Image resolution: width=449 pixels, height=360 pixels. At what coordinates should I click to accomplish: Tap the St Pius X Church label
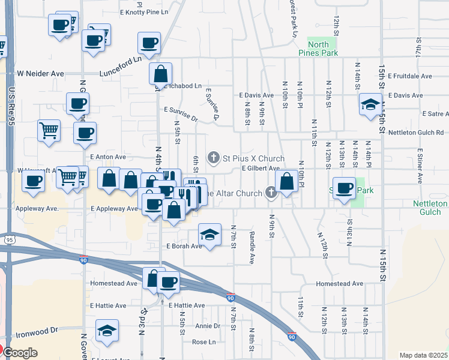pyautogui.click(x=254, y=158)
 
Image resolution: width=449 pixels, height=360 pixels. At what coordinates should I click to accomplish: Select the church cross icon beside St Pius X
pyautogui.click(x=212, y=158)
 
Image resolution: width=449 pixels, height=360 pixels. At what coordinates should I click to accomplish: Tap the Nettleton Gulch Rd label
pyautogui.click(x=415, y=132)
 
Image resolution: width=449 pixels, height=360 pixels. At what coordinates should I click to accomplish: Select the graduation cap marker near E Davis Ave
pyautogui.click(x=370, y=104)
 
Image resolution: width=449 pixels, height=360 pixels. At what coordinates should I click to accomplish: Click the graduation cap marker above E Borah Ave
pyautogui.click(x=209, y=235)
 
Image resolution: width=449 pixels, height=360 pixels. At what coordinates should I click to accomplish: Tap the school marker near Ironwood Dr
pyautogui.click(x=107, y=330)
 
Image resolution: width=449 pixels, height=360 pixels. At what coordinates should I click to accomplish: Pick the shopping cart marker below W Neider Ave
pyautogui.click(x=49, y=130)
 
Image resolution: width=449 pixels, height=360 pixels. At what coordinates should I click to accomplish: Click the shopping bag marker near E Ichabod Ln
pyautogui.click(x=161, y=74)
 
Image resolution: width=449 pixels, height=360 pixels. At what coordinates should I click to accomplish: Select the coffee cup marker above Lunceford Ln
pyautogui.click(x=149, y=43)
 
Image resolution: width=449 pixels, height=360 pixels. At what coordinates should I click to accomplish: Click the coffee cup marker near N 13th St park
pyautogui.click(x=344, y=188)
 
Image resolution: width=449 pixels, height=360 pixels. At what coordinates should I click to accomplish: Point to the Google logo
pyautogui.click(x=20, y=353)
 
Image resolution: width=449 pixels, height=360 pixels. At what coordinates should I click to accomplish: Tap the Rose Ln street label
pyautogui.click(x=203, y=342)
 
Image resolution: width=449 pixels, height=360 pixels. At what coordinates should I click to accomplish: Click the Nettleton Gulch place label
pyautogui.click(x=430, y=208)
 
